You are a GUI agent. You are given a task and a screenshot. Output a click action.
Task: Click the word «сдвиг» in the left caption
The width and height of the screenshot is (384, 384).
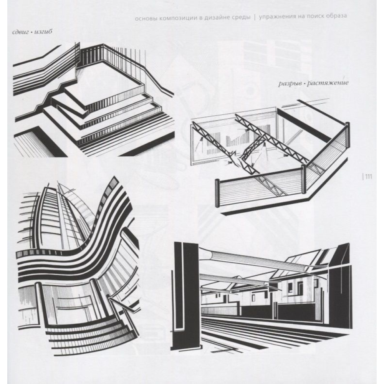21,32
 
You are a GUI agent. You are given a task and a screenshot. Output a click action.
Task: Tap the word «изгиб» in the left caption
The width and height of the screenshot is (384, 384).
43,32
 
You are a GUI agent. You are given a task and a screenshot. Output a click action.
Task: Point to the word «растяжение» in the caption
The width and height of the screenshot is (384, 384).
328,83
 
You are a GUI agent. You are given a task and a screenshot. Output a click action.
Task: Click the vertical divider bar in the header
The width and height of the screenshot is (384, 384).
255,17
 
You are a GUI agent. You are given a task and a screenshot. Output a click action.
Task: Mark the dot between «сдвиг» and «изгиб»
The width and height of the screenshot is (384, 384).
31,32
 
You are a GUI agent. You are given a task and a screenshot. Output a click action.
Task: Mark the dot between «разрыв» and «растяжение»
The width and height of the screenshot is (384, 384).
303,84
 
